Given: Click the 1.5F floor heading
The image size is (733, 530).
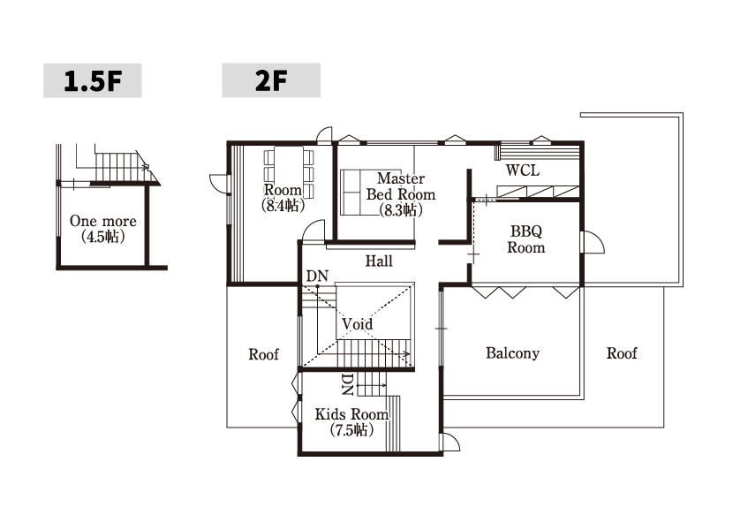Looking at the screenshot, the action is click(x=93, y=80).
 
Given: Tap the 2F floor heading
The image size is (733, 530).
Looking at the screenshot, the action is click(x=271, y=80).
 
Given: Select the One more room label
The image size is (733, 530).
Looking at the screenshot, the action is click(x=102, y=221).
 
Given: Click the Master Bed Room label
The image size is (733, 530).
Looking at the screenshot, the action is click(x=401, y=186).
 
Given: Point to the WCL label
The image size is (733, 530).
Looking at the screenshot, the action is click(x=523, y=170).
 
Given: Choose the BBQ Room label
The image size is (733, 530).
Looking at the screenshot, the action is click(x=526, y=239).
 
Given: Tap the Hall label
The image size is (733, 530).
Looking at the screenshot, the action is click(x=379, y=261).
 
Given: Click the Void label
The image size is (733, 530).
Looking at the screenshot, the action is click(x=357, y=323).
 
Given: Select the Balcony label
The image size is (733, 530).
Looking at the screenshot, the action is click(x=513, y=352).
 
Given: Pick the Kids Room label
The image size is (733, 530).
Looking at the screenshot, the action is click(x=351, y=414).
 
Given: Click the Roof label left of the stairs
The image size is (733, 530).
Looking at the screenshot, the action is click(x=264, y=354).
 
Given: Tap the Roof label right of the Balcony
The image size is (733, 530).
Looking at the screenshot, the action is click(x=622, y=352).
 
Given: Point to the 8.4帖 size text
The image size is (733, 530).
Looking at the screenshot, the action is click(x=283, y=205).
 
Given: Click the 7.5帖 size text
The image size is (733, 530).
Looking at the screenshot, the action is click(x=351, y=430).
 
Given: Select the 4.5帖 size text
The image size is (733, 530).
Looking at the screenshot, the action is click(x=102, y=237).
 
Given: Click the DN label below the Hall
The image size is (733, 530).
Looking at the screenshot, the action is click(x=317, y=276).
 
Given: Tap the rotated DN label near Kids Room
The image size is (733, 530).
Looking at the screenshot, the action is click(x=347, y=384).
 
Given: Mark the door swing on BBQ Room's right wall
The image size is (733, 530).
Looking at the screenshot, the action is click(x=593, y=242).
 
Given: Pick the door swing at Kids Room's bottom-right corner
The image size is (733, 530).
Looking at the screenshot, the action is click(x=451, y=442).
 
